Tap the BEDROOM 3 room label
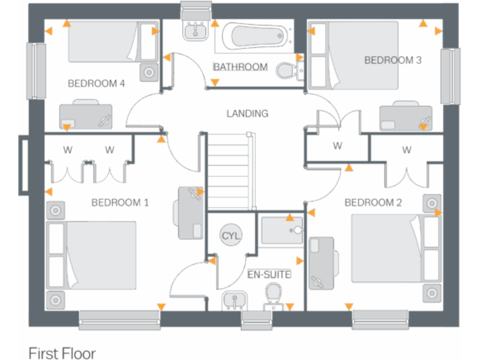tap(392, 60)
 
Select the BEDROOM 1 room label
tap(120, 202)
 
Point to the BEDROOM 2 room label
tap(372, 202)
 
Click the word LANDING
tap(247, 114)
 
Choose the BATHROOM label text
tap(240, 67)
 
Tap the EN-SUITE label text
tap(269, 274)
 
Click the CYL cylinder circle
tap(231, 236)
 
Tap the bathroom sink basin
tap(196, 31)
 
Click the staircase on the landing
tap(231, 172)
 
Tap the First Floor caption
tap(62, 353)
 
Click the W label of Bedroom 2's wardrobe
tap(407, 150)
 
